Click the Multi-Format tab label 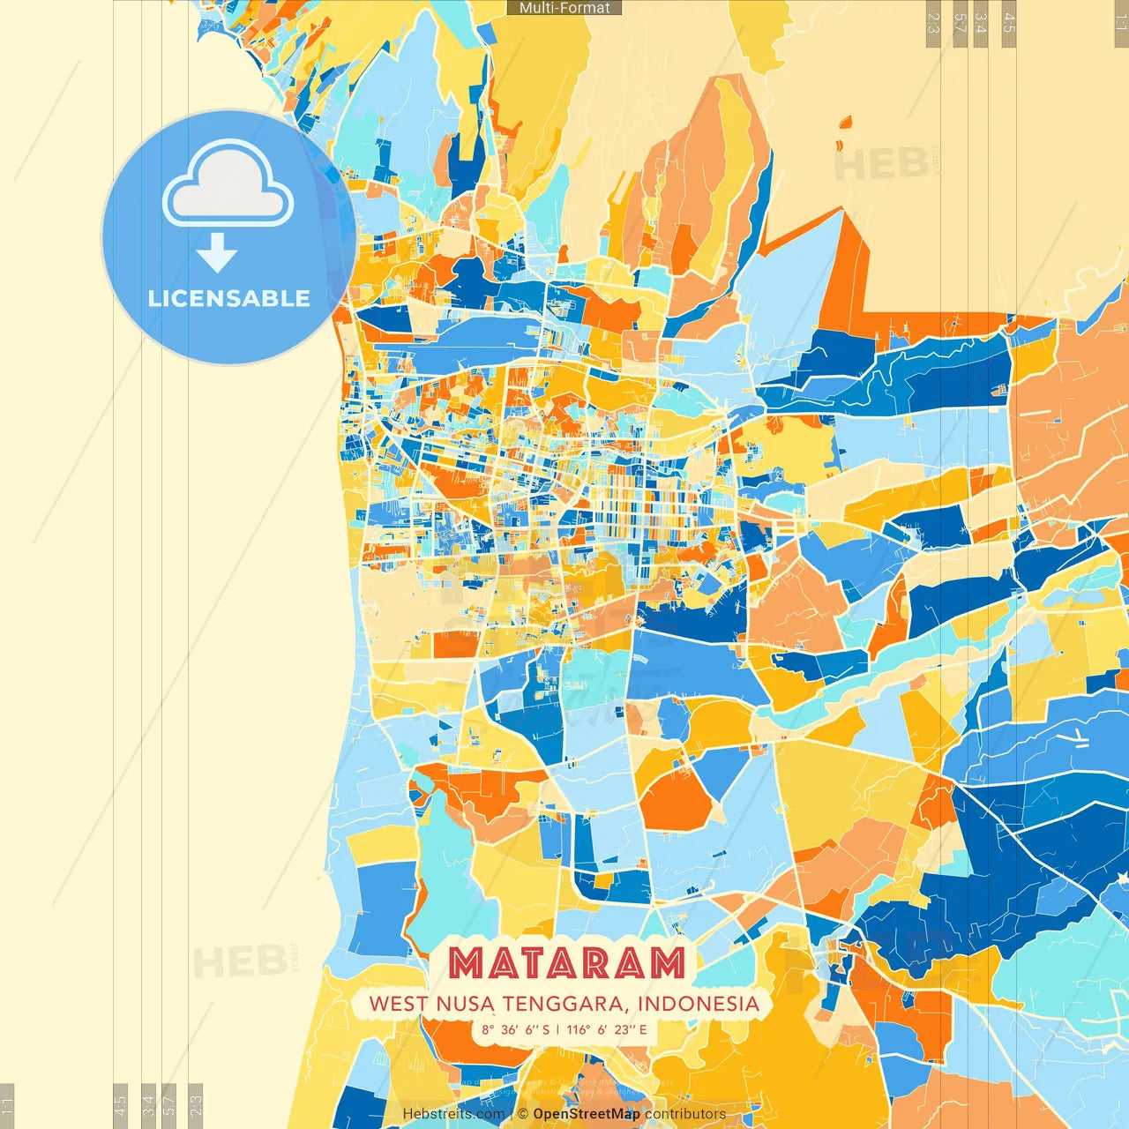(564, 8)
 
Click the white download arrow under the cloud (216, 253)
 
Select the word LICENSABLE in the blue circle (228, 298)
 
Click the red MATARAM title (566, 963)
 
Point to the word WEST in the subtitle (398, 1004)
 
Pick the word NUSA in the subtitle (465, 1004)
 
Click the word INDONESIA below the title (698, 1004)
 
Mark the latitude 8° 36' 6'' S (515, 1029)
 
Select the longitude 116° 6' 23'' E (607, 1029)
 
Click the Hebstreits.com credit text (453, 1114)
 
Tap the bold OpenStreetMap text (587, 1114)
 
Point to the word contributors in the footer (685, 1114)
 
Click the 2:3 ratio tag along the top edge (933, 23)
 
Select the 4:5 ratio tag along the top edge (1009, 23)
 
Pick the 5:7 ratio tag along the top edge (961, 23)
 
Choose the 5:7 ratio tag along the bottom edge (169, 1103)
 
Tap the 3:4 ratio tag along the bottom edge (148, 1103)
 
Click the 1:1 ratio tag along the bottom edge (8, 1103)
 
